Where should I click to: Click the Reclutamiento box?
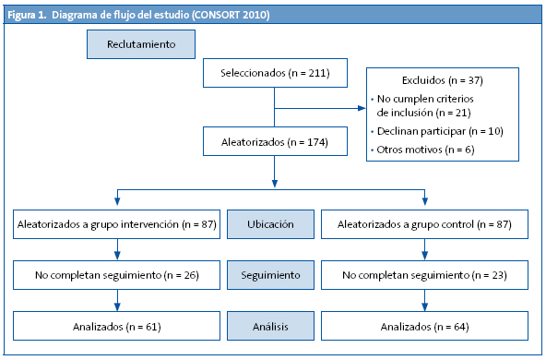click(141, 43)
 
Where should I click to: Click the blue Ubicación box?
click(271, 223)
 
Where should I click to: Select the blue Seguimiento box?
click(271, 275)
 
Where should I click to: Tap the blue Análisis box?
click(271, 326)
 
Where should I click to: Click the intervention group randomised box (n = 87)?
click(116, 223)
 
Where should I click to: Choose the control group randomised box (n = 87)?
click(425, 223)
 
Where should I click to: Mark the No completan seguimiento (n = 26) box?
click(116, 275)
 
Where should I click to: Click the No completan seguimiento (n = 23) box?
click(425, 275)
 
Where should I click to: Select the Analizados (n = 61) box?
click(116, 326)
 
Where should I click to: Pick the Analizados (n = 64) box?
click(425, 326)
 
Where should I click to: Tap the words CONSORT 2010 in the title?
click(234, 15)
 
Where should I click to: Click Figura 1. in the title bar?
click(28, 15)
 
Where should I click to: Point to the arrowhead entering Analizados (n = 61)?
click(116, 306)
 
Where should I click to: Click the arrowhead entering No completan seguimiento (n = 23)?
click(425, 256)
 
